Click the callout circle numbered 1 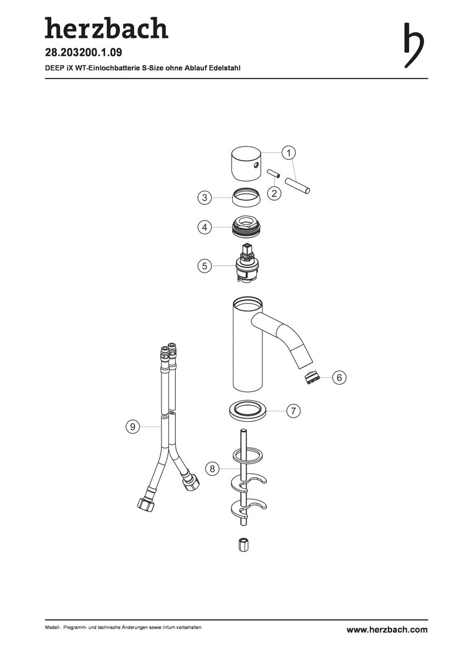289,153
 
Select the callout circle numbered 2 274,193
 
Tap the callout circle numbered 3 205,198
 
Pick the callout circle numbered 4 205,227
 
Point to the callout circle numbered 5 205,266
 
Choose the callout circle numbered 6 339,377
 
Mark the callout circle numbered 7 293,411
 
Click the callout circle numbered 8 212,468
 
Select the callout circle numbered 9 133,426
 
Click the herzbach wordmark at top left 106,28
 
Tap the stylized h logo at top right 414,45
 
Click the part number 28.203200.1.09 84,53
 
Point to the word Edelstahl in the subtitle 225,68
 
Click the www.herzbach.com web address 387,629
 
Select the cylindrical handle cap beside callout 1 246,164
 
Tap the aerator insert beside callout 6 313,378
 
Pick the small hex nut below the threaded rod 242,544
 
